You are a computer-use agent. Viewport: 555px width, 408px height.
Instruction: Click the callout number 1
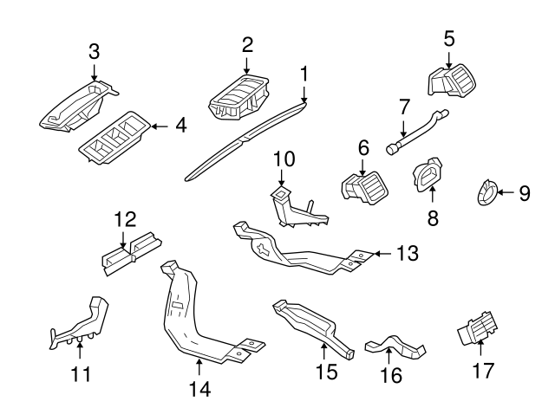pyautogui.click(x=304, y=74)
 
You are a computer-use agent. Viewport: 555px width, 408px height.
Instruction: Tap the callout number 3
pyautogui.click(x=95, y=51)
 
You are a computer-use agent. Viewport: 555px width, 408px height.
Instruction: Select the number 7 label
pyautogui.click(x=404, y=107)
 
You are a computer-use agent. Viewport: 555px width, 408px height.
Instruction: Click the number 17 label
pyautogui.click(x=482, y=371)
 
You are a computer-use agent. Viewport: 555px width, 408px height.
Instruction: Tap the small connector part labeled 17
pyautogui.click(x=474, y=334)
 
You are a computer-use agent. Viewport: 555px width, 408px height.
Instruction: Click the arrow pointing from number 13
pyautogui.click(x=379, y=254)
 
